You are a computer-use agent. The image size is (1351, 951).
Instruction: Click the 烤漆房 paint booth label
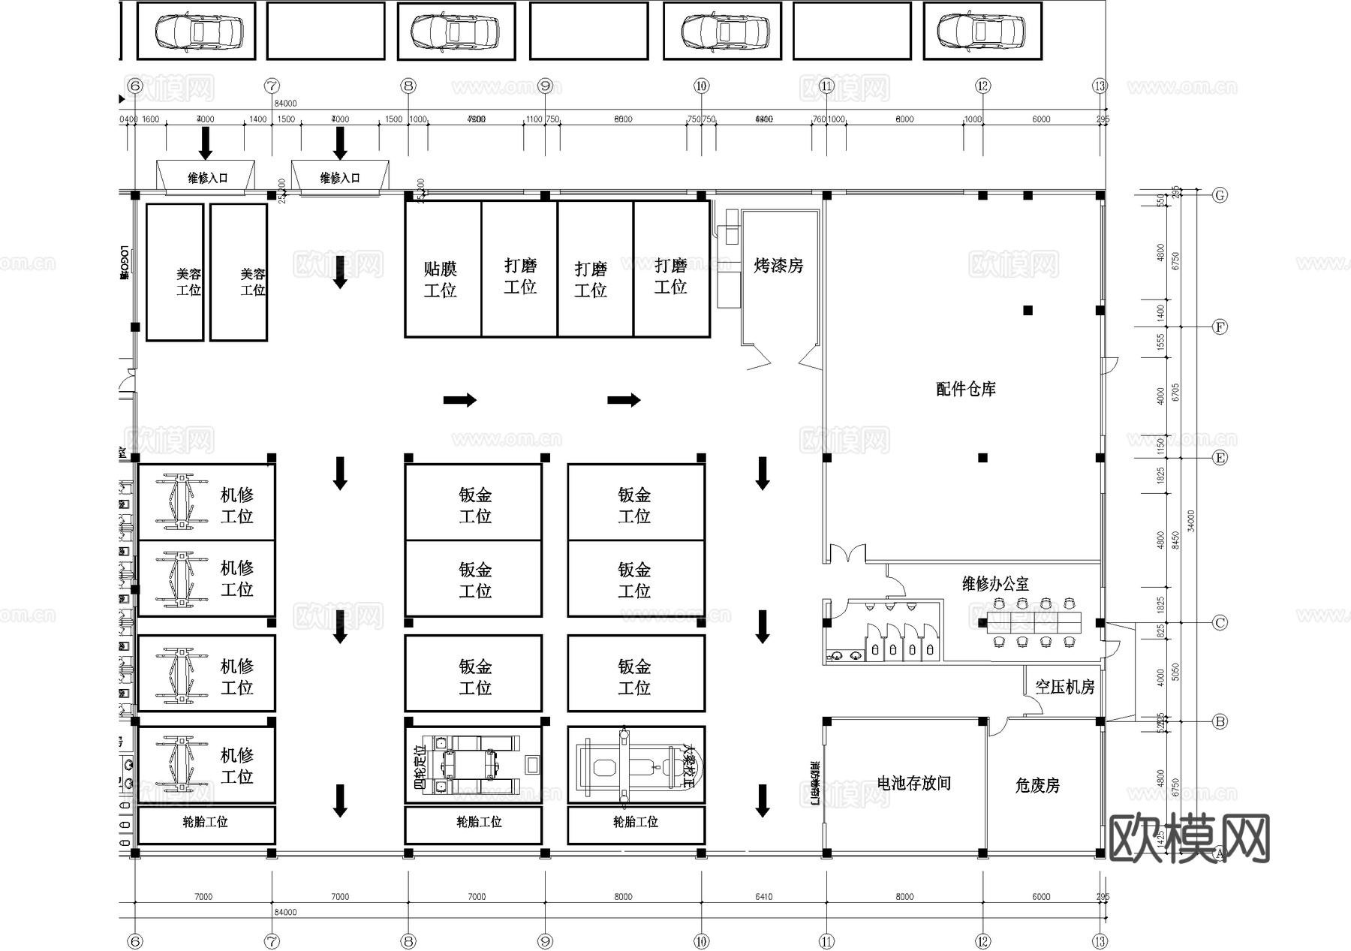tap(778, 266)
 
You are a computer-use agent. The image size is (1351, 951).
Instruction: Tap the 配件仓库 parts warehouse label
tap(966, 389)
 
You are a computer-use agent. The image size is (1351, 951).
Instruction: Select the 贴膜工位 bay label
tap(440, 279)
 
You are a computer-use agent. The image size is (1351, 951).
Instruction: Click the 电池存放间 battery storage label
tap(913, 783)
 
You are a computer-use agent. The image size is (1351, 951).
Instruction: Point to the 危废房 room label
tap(1037, 785)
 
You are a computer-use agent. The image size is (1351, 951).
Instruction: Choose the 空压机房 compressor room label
tap(1064, 686)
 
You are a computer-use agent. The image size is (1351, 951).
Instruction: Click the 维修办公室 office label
tap(995, 583)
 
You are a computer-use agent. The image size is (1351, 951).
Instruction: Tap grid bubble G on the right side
tap(1220, 195)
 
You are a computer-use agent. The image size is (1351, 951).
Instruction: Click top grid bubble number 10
tap(701, 86)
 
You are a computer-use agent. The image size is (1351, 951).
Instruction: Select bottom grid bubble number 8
tap(408, 941)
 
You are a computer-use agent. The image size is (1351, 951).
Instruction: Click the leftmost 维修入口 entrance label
tap(207, 178)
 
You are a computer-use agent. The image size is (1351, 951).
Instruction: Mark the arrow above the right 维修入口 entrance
tap(340, 143)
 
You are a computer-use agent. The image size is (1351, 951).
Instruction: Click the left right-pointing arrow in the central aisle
tap(459, 399)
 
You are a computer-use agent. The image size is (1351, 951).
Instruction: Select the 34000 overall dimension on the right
tap(1191, 521)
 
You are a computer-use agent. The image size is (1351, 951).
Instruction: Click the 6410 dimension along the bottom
tap(763, 896)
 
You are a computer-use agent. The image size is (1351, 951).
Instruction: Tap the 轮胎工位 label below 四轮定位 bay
tap(478, 822)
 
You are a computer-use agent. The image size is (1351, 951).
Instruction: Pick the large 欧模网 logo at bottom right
tap(1189, 838)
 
